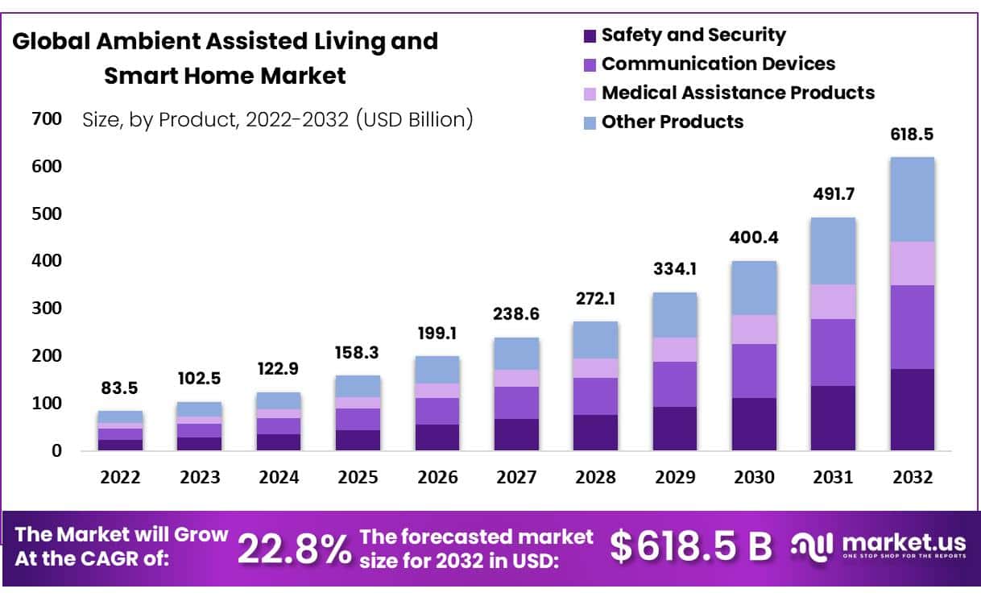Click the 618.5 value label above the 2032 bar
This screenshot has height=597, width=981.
click(x=912, y=134)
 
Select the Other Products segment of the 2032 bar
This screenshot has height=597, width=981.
click(x=912, y=199)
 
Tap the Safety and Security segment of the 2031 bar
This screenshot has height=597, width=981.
click(x=833, y=417)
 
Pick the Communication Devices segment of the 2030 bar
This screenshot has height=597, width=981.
click(x=754, y=371)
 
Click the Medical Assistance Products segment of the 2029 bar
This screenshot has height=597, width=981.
click(x=675, y=349)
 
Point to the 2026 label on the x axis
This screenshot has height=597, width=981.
click(x=437, y=477)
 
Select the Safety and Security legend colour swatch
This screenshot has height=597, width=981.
click(x=589, y=35)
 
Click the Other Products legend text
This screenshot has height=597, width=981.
click(x=673, y=122)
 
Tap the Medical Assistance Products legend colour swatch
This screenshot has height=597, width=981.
click(x=589, y=93)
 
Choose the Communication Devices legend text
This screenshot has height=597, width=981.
click(x=718, y=64)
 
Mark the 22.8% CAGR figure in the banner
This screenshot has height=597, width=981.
click(x=294, y=549)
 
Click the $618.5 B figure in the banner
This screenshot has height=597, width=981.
click(x=690, y=546)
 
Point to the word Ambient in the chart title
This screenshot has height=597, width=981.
click(x=154, y=41)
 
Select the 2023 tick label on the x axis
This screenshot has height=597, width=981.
click(x=200, y=477)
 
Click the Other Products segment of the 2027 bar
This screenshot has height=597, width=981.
click(x=516, y=353)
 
